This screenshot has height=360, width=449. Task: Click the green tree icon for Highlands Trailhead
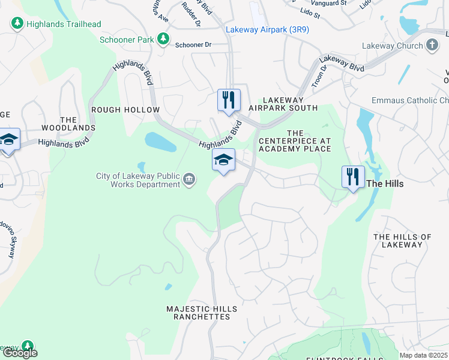click(17, 24)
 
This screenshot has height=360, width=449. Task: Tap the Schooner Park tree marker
click(163, 39)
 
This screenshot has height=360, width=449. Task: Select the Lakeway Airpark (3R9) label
click(267, 29)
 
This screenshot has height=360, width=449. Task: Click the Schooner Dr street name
click(193, 45)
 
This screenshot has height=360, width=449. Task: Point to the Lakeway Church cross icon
click(432, 46)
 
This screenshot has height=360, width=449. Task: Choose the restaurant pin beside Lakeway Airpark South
click(229, 100)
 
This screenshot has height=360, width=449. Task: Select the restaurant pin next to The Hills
click(353, 177)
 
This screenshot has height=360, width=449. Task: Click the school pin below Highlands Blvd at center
click(223, 160)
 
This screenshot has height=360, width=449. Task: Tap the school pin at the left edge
click(8, 140)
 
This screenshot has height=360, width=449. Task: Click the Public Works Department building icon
click(189, 180)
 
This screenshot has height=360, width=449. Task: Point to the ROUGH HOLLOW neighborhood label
click(125, 110)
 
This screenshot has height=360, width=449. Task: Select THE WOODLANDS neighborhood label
click(68, 124)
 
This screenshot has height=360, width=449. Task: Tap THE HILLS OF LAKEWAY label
click(402, 241)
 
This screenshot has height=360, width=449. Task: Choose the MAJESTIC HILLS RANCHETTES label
click(201, 313)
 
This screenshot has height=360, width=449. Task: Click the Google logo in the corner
click(19, 353)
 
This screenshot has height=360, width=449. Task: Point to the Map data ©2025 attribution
click(423, 355)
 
